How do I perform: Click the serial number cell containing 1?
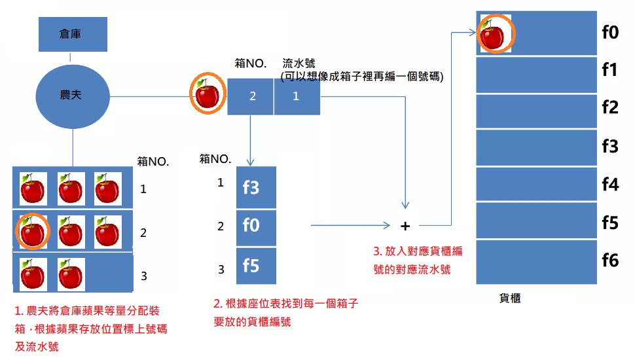coord(297,97)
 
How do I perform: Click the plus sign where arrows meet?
coord(405,226)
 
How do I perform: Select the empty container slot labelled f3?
coord(536,147)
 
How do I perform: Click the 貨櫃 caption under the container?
coord(510,298)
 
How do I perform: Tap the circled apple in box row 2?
coord(32,232)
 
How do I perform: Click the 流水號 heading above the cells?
coord(299,63)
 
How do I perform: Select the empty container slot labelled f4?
coord(536,184)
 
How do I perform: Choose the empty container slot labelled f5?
coord(536,221)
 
